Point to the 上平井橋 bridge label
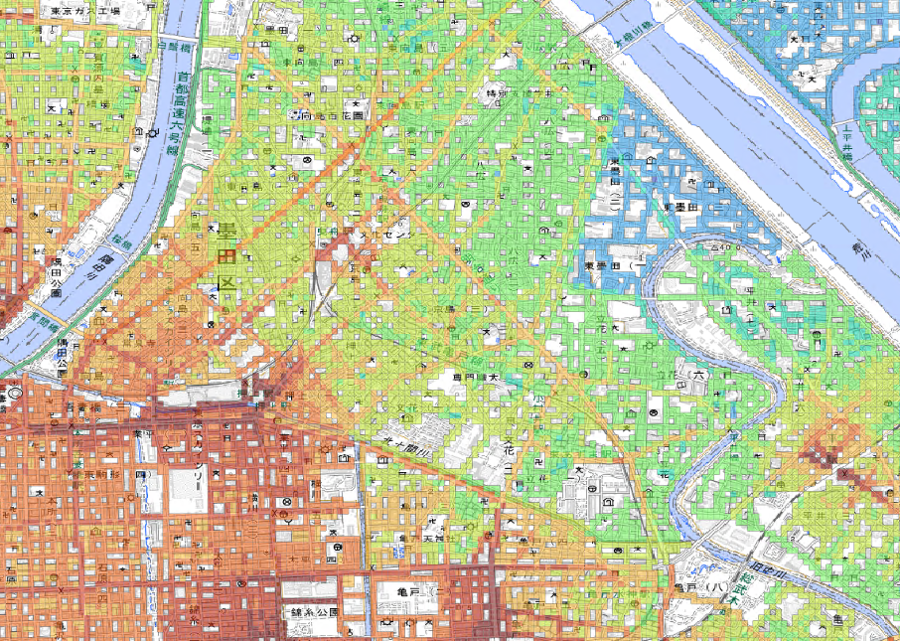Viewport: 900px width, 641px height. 847,140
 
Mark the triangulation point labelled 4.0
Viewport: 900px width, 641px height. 728,245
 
